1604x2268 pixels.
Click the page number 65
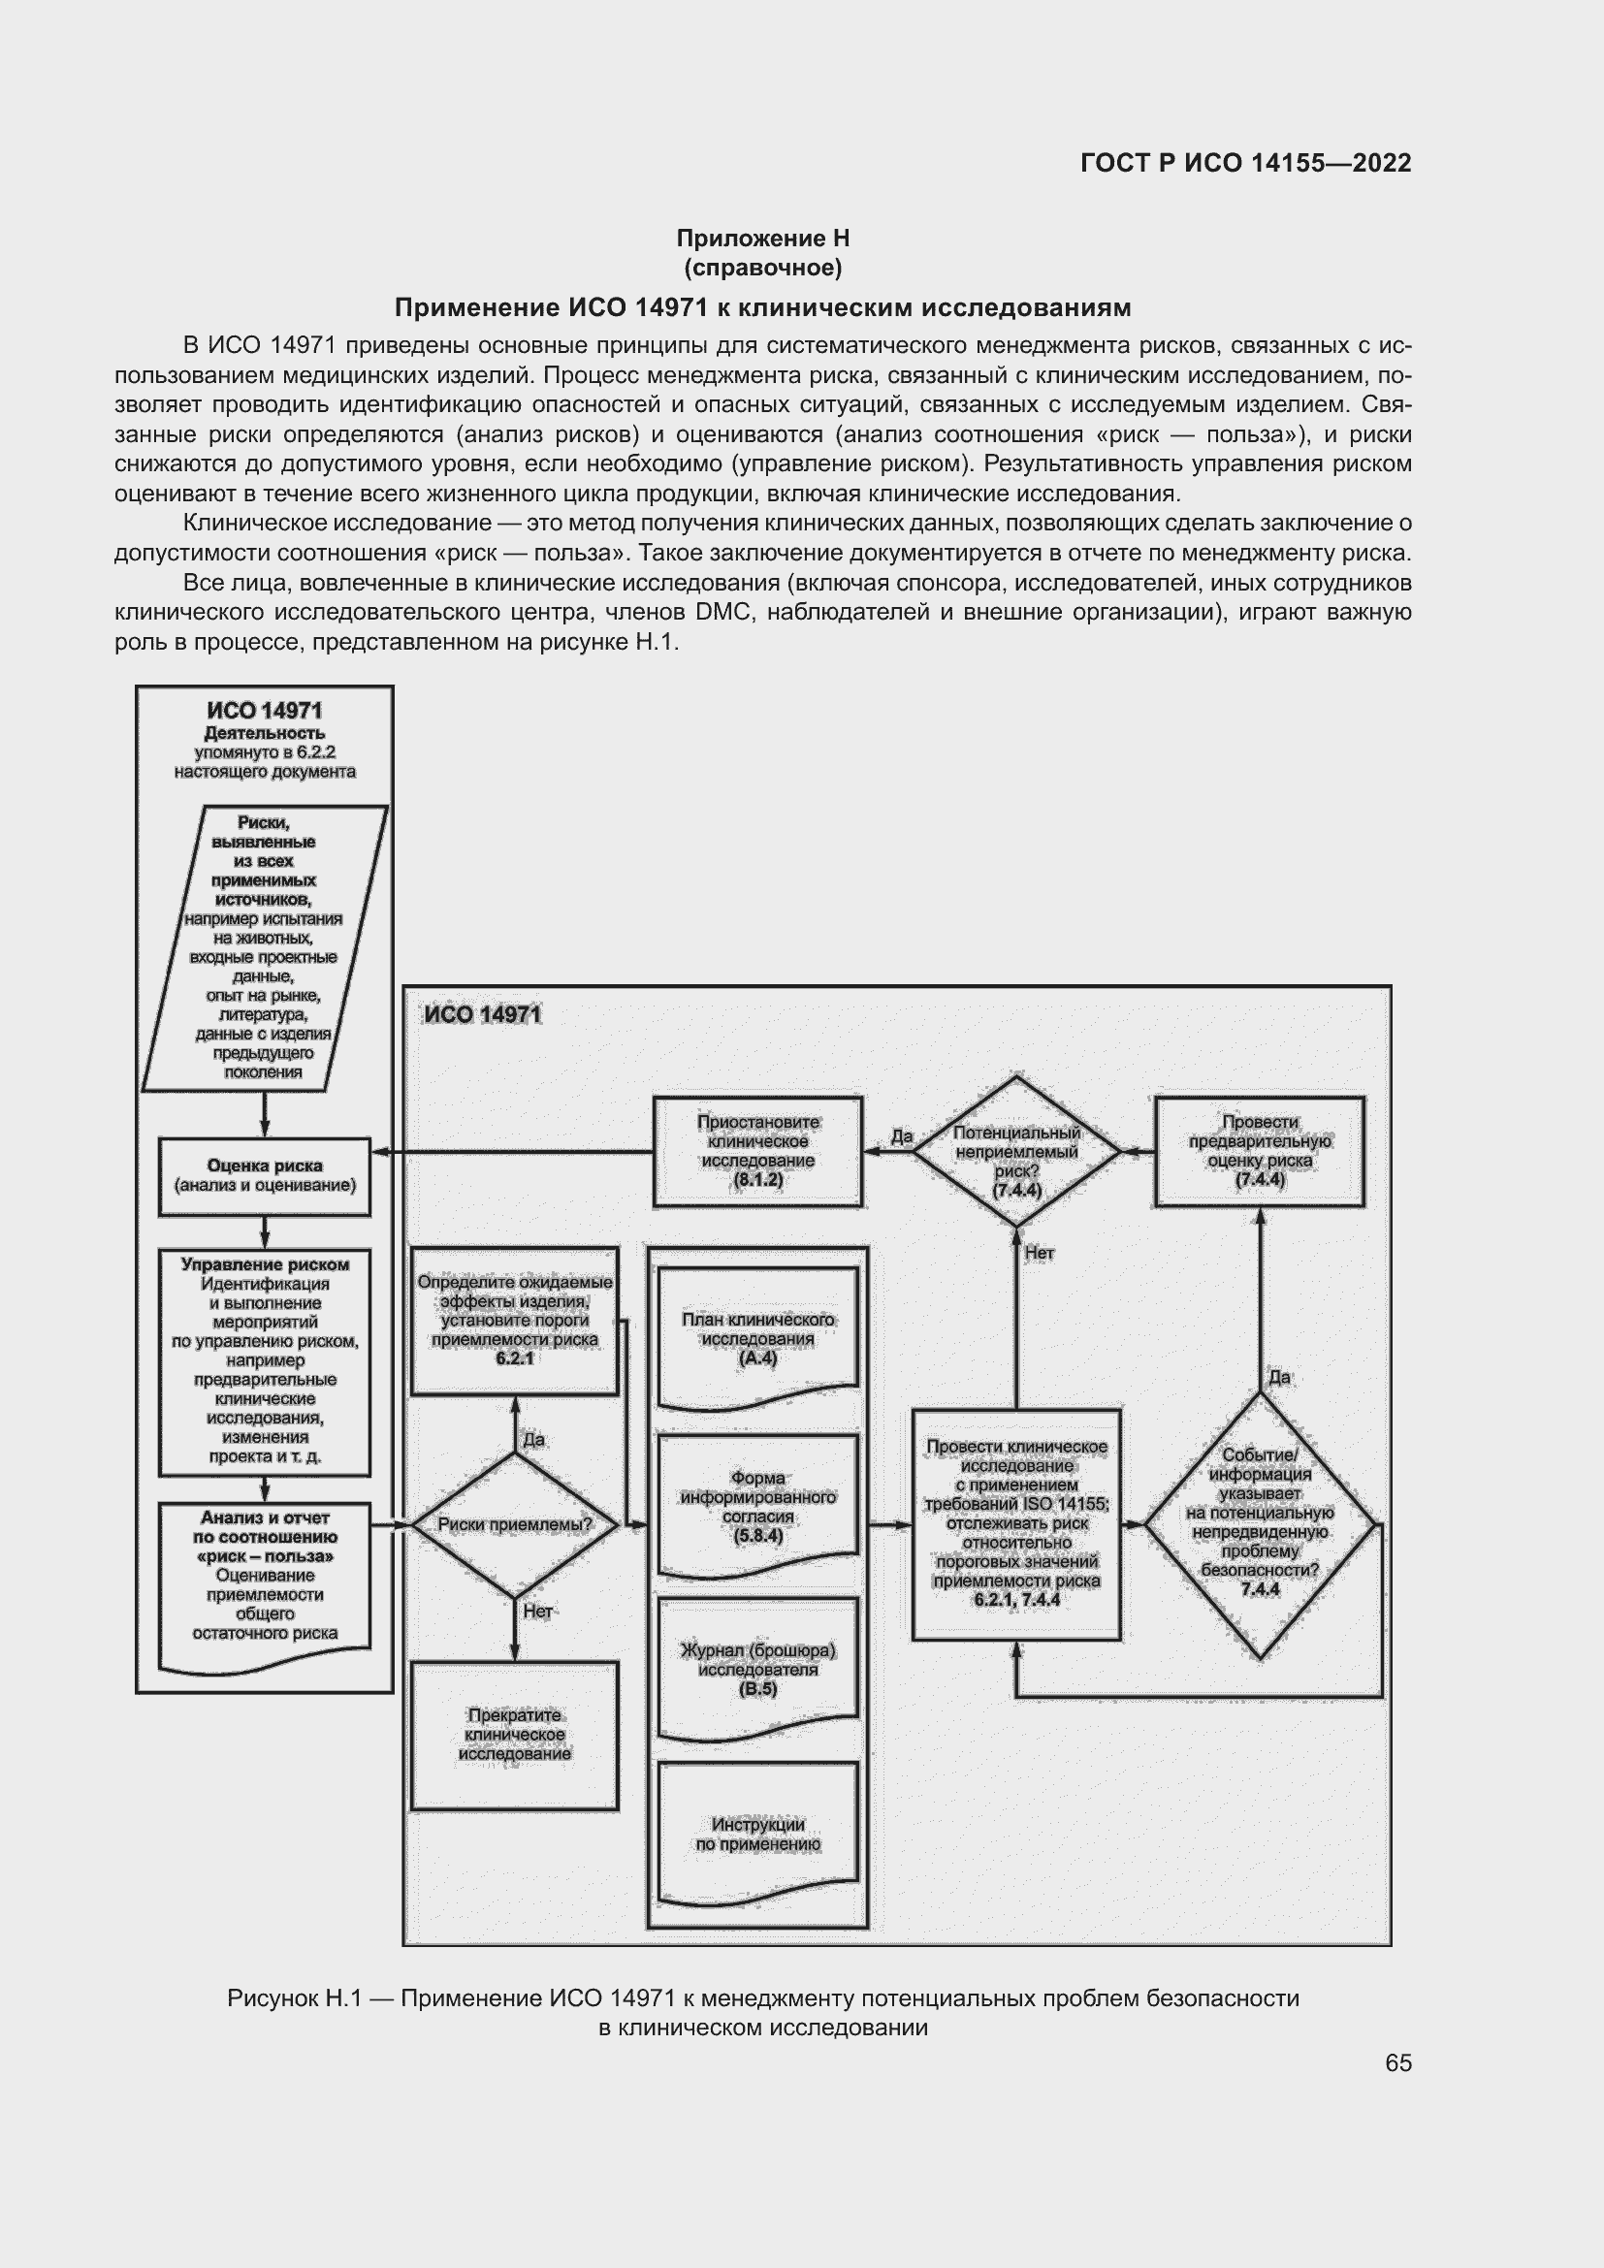point(1397,2063)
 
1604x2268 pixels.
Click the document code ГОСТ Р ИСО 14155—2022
point(1245,163)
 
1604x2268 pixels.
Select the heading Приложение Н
point(762,239)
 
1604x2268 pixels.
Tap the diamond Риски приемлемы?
point(515,1525)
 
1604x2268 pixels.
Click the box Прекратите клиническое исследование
point(515,1735)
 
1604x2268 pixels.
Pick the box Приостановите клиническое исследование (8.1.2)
point(757,1151)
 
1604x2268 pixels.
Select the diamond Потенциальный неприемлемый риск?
point(1016,1152)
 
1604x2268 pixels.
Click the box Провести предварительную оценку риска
point(1260,1151)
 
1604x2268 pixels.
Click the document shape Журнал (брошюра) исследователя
point(757,1670)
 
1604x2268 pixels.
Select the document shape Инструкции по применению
point(757,1835)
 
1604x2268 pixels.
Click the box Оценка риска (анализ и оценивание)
point(265,1175)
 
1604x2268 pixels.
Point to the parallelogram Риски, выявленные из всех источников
point(264,947)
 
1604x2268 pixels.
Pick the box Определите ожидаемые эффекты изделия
point(515,1320)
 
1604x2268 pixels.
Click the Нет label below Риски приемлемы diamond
point(538,1613)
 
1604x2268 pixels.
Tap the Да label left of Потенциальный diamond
point(902,1137)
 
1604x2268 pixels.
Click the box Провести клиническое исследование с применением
point(1016,1523)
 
